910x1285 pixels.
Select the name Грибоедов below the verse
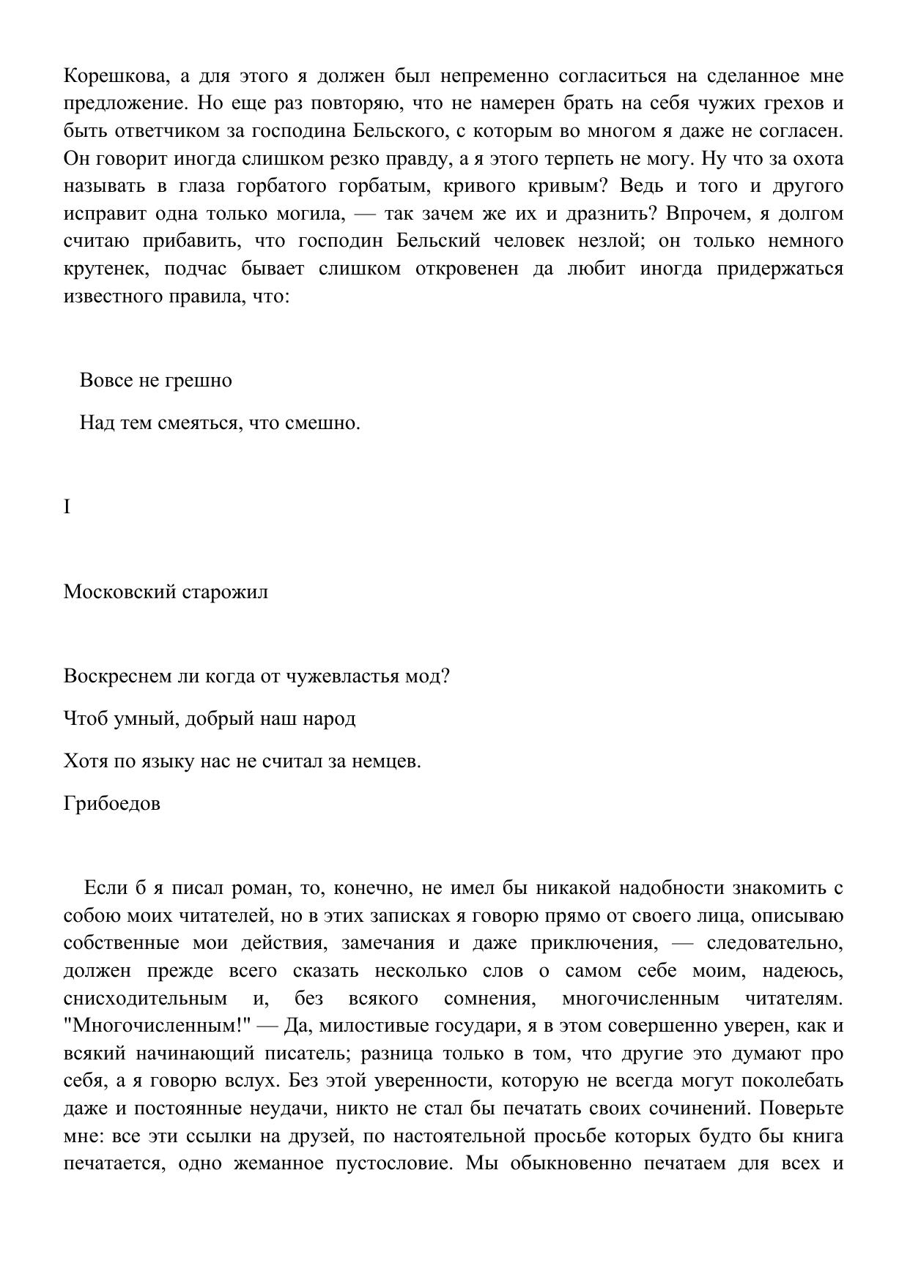coord(112,804)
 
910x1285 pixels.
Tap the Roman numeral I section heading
coord(67,507)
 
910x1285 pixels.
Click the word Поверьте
coord(802,1109)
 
